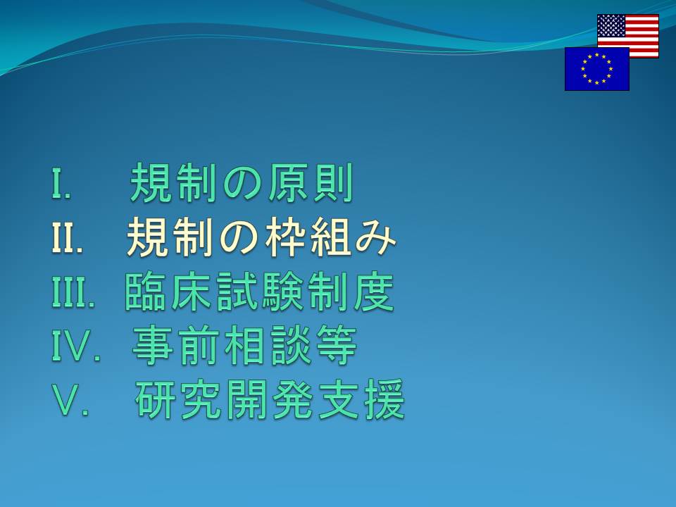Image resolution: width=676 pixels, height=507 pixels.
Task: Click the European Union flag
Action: tap(597, 69)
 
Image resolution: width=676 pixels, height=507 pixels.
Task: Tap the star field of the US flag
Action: tap(611, 25)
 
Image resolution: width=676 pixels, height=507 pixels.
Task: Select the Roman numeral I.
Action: tap(61, 183)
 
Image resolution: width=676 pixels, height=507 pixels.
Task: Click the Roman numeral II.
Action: tap(68, 237)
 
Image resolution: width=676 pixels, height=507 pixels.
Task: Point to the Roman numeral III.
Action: tap(73, 291)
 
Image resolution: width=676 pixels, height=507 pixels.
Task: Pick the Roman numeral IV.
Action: tap(76, 345)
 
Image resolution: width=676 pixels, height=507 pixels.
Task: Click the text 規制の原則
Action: tap(242, 183)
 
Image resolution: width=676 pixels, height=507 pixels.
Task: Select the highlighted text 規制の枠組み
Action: tap(261, 237)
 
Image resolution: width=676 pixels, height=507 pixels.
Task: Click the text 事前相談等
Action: tap(244, 345)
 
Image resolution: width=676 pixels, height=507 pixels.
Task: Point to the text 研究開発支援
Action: tap(270, 399)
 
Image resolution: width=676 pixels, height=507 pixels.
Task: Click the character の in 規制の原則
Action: tap(242, 184)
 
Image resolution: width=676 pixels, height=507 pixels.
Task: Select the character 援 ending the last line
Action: tap(384, 399)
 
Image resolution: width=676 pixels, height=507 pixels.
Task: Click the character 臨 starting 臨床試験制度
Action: tap(145, 292)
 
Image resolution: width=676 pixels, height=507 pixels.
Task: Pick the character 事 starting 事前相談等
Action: tap(152, 345)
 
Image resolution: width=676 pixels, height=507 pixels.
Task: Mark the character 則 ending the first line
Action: tap(334, 183)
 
